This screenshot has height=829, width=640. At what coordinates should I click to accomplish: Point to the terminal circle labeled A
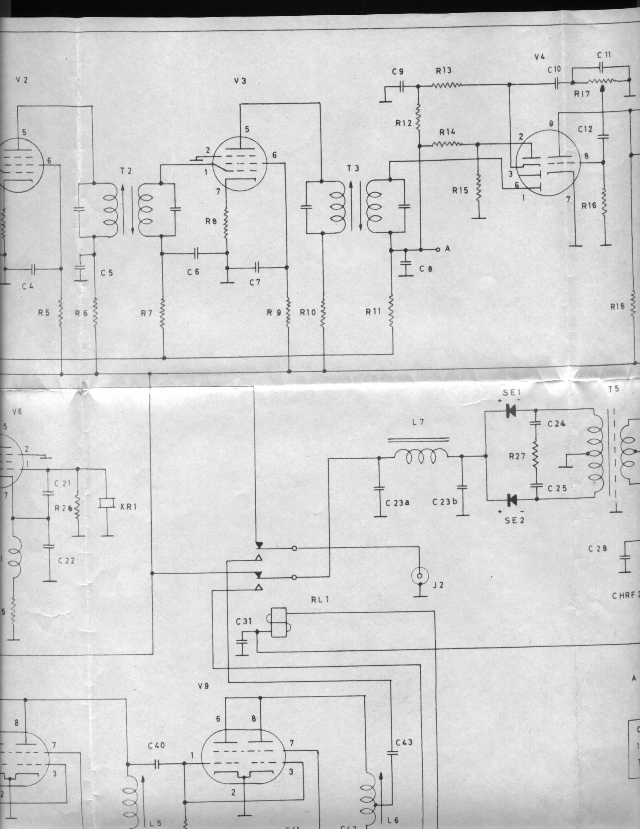(x=438, y=250)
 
